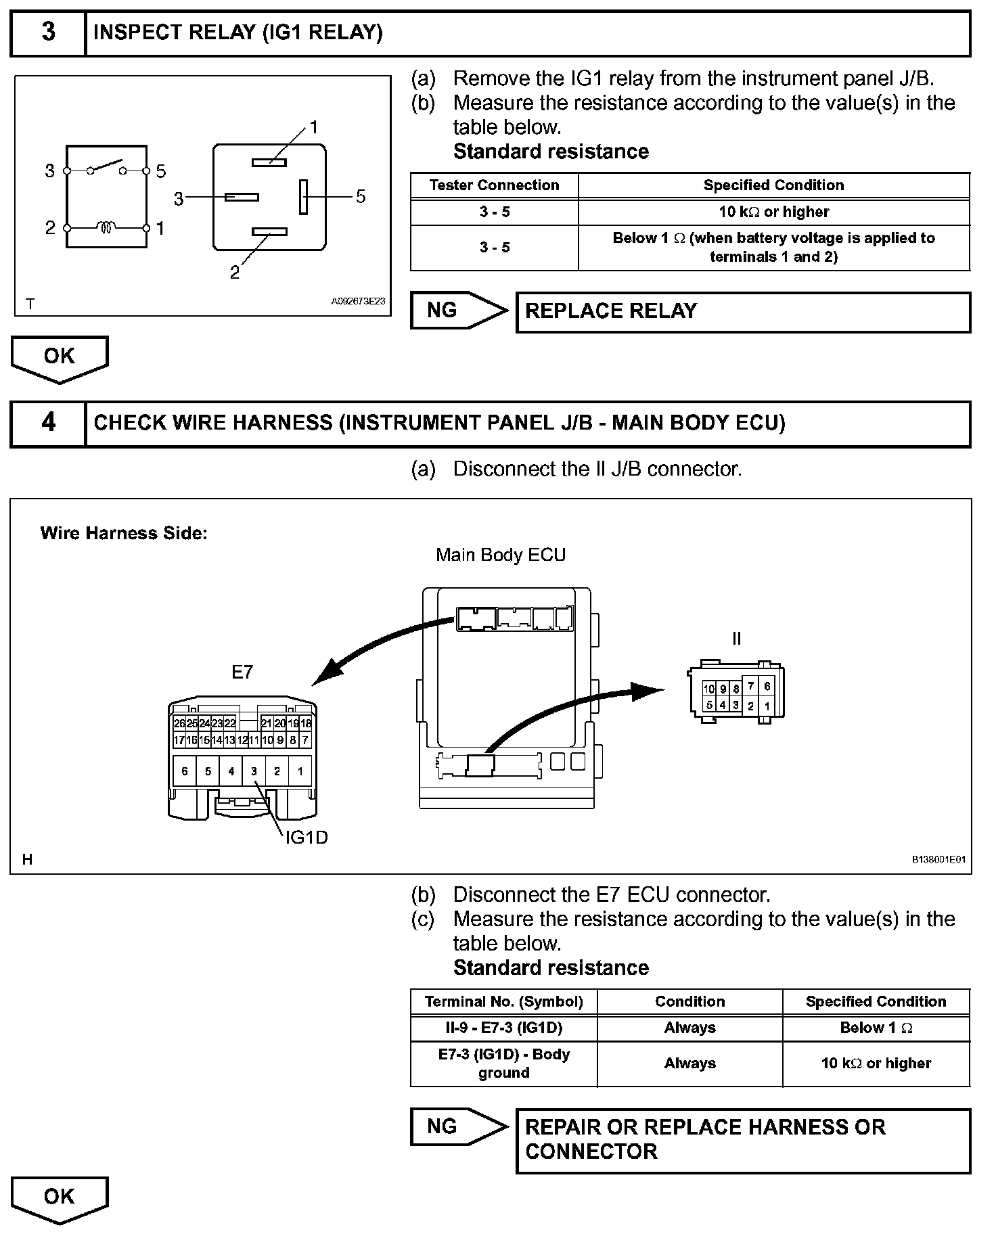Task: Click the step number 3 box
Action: pyautogui.click(x=48, y=32)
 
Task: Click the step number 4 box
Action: pyautogui.click(x=48, y=423)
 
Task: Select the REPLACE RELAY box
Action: pyautogui.click(x=742, y=312)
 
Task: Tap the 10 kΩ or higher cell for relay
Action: pyautogui.click(x=773, y=212)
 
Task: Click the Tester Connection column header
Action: pyautogui.click(x=494, y=185)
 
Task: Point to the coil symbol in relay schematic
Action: pyautogui.click(x=107, y=228)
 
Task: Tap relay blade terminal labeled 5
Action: pyautogui.click(x=304, y=196)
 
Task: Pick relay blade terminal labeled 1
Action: pyautogui.click(x=269, y=162)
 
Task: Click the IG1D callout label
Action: pyautogui.click(x=307, y=838)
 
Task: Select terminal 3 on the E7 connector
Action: pyautogui.click(x=254, y=771)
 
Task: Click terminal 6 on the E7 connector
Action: pyautogui.click(x=185, y=771)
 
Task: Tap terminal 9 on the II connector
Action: pyautogui.click(x=723, y=689)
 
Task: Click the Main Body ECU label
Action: pyautogui.click(x=500, y=555)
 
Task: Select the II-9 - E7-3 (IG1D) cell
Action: pyautogui.click(x=503, y=1028)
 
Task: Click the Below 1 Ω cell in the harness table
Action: pyautogui.click(x=876, y=1028)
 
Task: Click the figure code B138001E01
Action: pyautogui.click(x=938, y=860)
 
